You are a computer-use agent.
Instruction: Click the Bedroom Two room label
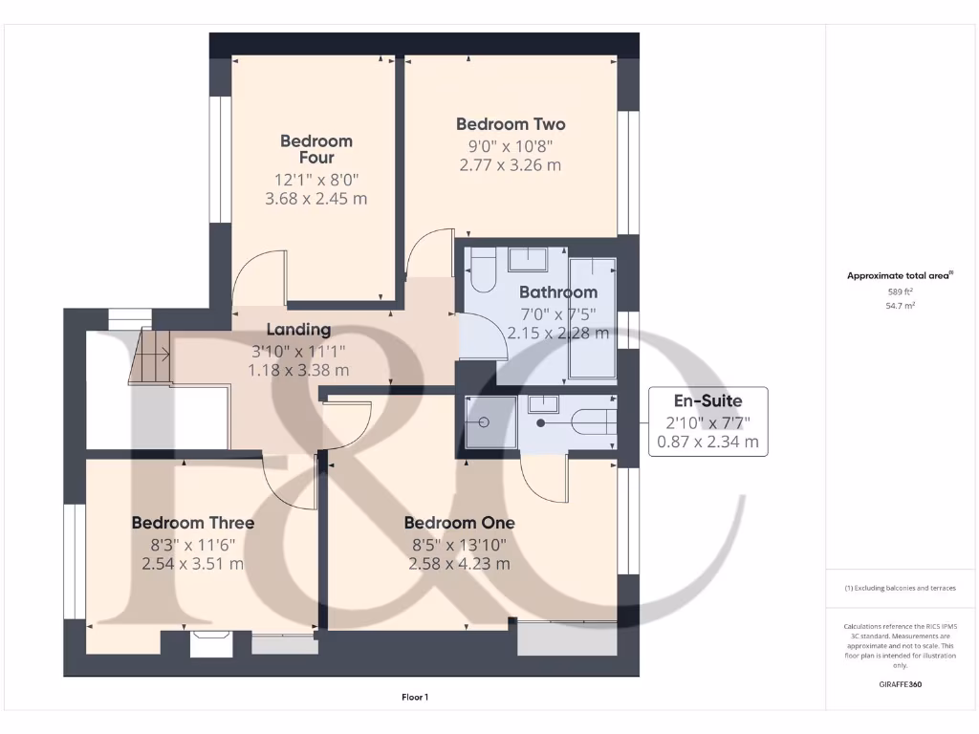510,124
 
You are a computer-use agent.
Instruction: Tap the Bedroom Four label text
315,149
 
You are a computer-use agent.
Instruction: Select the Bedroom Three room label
192,523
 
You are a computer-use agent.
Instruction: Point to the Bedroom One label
459,523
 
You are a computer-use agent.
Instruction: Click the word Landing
298,330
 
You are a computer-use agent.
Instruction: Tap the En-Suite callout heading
707,400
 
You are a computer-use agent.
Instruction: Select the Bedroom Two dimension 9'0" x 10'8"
510,145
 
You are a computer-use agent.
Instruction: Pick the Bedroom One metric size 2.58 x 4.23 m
459,564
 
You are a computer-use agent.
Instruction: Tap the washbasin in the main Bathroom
526,258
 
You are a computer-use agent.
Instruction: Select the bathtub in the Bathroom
592,315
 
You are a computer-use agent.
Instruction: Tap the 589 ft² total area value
900,291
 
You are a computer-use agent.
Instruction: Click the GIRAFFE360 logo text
900,684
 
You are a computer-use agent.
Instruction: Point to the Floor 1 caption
415,698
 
